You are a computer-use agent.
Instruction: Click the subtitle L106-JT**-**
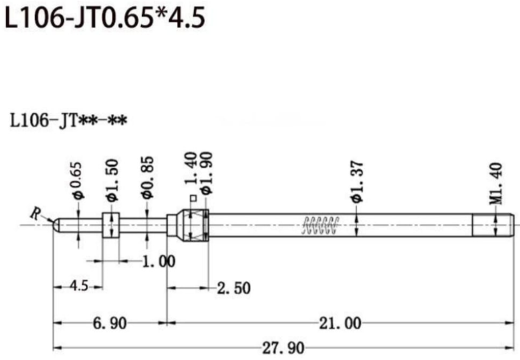click(68, 121)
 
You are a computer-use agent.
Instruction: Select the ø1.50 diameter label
click(111, 180)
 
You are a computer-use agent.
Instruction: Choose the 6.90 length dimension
click(110, 323)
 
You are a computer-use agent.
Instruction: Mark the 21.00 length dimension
click(340, 323)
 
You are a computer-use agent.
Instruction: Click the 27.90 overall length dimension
click(284, 348)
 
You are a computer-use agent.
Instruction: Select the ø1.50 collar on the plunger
click(110, 224)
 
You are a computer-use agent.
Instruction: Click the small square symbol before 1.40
click(192, 197)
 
